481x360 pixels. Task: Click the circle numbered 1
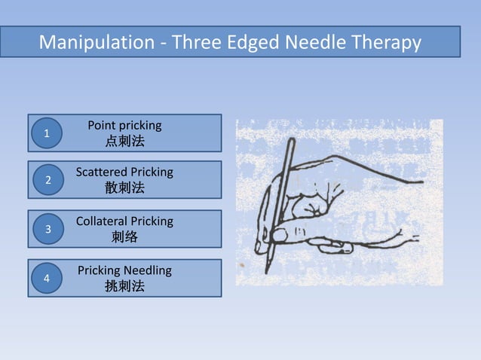pos(47,133)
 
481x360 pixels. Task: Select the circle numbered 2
pos(47,181)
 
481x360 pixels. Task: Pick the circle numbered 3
pos(47,229)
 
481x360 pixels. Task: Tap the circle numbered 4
pos(47,278)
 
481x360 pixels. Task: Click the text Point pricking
pos(124,125)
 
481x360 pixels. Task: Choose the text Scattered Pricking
pos(124,172)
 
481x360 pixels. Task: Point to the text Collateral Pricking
pos(124,221)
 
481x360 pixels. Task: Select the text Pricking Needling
pos(124,270)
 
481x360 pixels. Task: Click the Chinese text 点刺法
pos(124,141)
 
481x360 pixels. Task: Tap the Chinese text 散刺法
pos(124,188)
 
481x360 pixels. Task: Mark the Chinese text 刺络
pos(124,238)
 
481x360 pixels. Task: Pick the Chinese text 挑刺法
pos(124,286)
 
